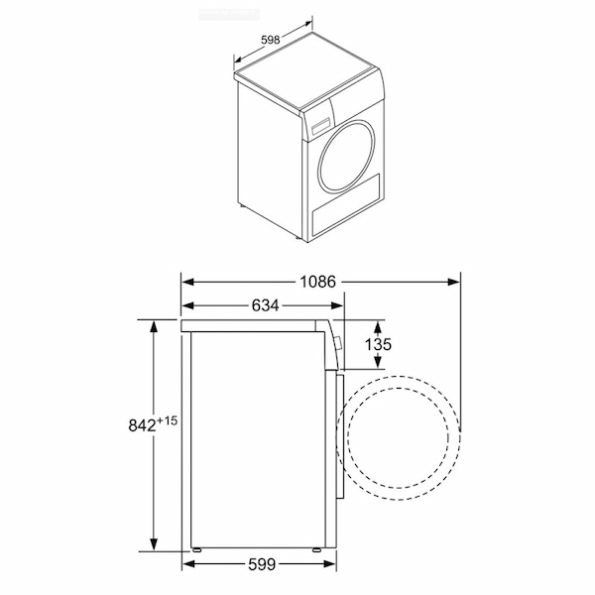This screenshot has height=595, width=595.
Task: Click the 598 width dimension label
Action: click(271, 40)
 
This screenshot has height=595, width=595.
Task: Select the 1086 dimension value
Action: click(318, 282)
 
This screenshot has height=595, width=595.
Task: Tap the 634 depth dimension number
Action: click(265, 305)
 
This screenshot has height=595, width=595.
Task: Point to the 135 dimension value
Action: click(378, 344)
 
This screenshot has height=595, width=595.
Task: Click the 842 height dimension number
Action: click(142, 425)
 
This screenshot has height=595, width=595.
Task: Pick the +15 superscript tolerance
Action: click(167, 420)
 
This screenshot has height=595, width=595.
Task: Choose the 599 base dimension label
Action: click(262, 565)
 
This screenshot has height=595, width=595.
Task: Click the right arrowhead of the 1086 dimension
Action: click(454, 282)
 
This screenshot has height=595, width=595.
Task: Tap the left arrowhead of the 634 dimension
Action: click(188, 305)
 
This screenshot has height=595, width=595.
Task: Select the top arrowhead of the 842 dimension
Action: click(154, 326)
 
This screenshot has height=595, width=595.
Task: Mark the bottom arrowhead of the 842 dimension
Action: click(154, 544)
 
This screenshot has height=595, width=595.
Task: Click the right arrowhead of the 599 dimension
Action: click(330, 564)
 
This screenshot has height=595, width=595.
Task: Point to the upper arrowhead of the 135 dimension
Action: click(378, 326)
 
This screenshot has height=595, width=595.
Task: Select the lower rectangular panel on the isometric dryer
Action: click(346, 204)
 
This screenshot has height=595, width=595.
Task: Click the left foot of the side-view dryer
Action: click(196, 549)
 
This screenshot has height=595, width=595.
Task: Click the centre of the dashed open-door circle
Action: click(399, 438)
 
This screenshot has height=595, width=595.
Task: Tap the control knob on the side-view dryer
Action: click(339, 344)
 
